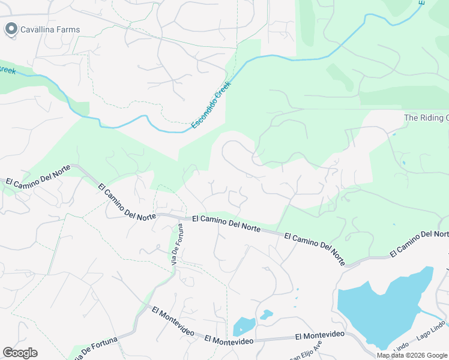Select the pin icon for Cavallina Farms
tap(11, 29)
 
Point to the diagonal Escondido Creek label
tap(211, 106)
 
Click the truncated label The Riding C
tap(426, 118)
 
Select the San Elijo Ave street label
tap(306, 350)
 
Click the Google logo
tap(20, 353)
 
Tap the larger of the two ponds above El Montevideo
tap(244, 325)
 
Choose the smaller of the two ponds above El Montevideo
tap(266, 314)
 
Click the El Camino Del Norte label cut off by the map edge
tap(419, 244)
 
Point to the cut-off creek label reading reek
tap(7, 70)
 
